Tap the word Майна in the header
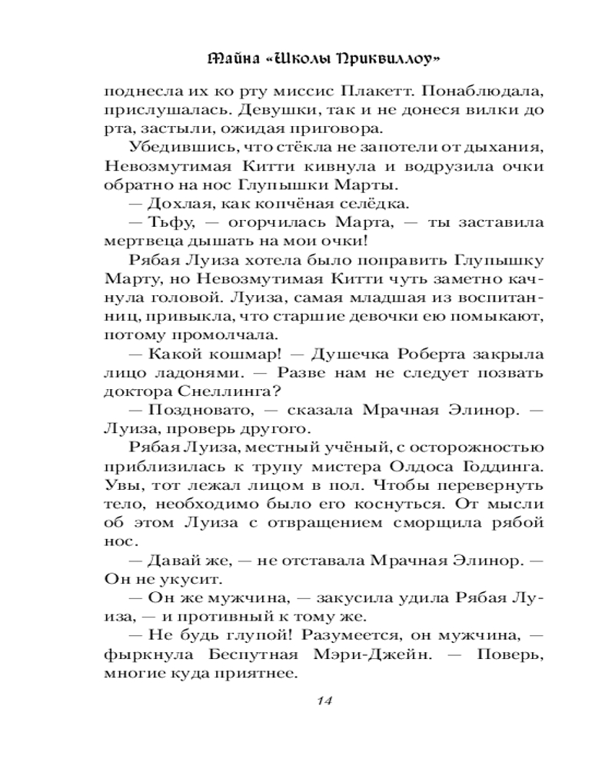[x=234, y=58]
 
